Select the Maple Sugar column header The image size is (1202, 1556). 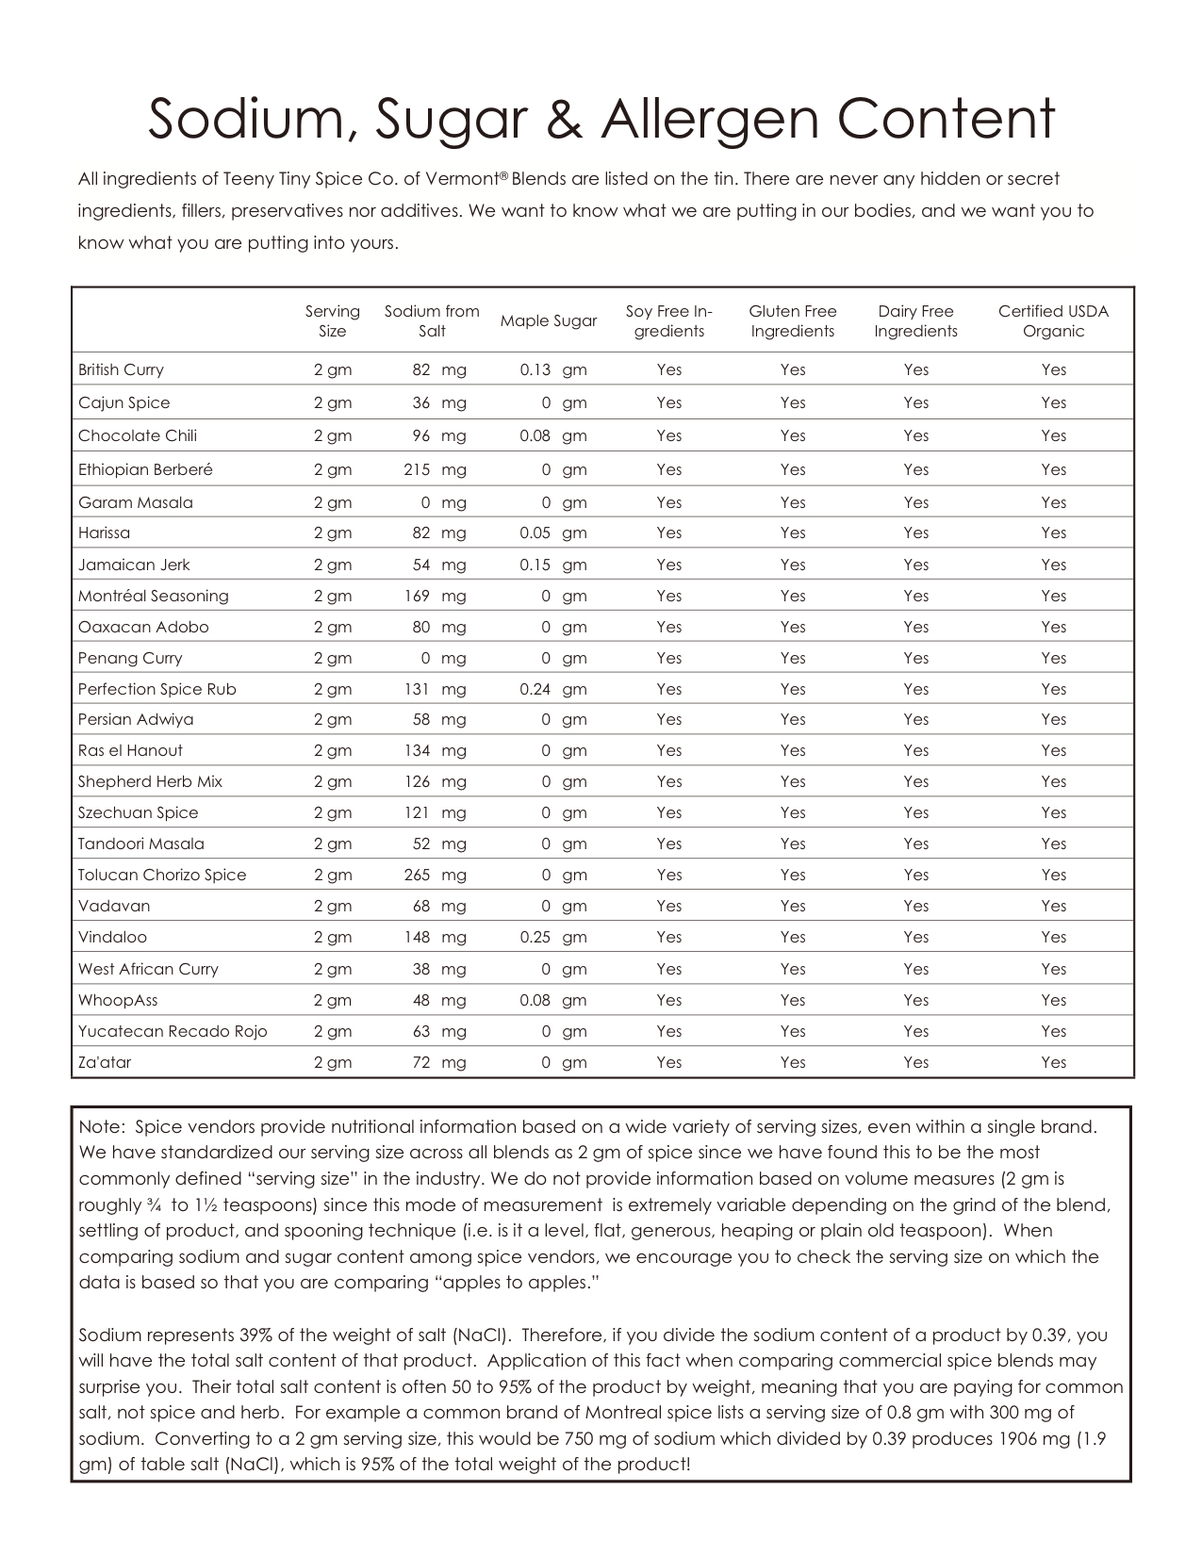[x=549, y=321]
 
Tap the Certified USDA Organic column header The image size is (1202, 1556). [x=1053, y=321]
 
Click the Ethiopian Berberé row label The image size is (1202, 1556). [x=145, y=469]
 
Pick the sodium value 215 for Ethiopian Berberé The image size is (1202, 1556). [x=417, y=469]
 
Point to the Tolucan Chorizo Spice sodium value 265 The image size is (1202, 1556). [x=417, y=875]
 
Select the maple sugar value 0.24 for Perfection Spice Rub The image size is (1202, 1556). [x=535, y=689]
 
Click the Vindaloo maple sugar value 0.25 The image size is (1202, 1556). [x=535, y=937]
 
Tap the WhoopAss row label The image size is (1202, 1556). [x=118, y=1000]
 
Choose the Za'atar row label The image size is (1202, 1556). [x=105, y=1062]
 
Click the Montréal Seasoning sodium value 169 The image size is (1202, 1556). [x=417, y=596]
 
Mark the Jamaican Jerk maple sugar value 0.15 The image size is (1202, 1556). [x=535, y=565]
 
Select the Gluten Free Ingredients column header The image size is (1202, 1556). [x=793, y=321]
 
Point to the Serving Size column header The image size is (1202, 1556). [x=332, y=321]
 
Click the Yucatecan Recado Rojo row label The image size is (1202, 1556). [x=173, y=1031]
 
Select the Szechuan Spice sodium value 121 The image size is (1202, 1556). [x=417, y=812]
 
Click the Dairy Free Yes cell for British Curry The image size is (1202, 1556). [x=915, y=369]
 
